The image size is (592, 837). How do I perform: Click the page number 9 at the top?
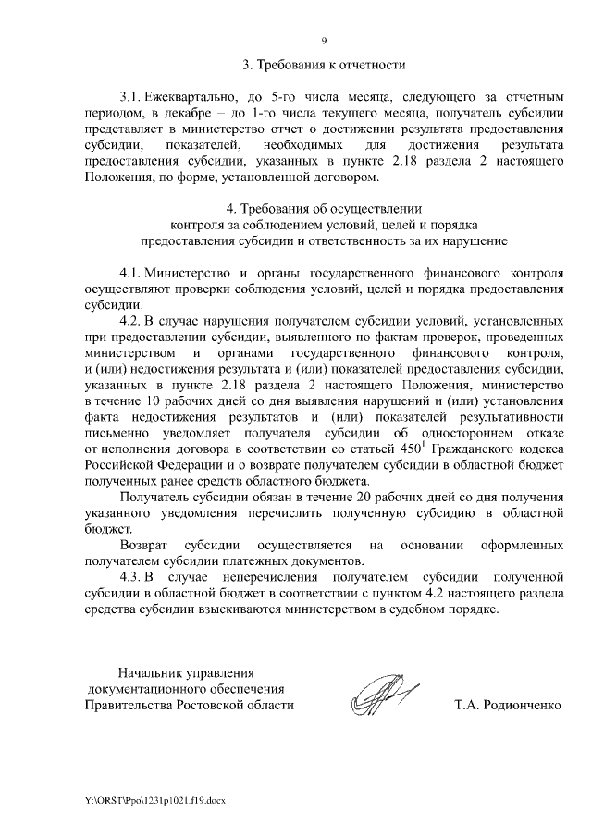click(324, 41)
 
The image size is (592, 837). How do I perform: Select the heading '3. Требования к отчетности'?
click(324, 65)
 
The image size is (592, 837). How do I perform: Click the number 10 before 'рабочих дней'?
click(155, 400)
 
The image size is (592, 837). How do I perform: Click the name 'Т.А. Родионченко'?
click(508, 705)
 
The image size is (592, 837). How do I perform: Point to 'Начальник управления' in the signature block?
click(185, 672)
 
